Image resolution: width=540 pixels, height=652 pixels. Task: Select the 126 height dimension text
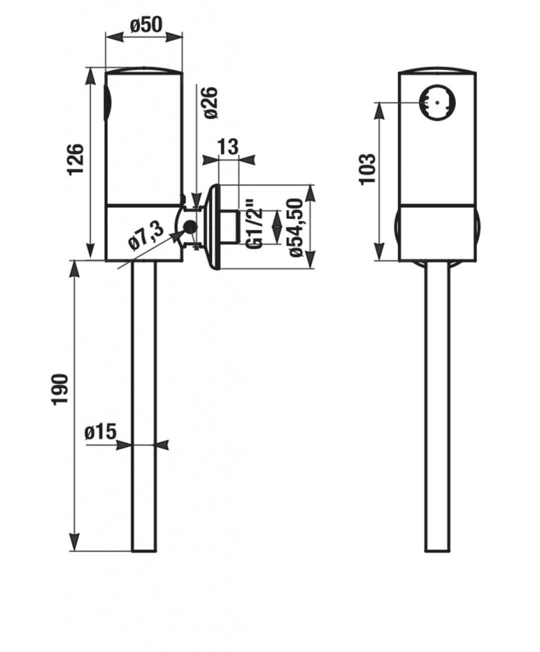[76, 159]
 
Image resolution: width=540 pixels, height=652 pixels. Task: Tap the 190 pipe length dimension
[59, 390]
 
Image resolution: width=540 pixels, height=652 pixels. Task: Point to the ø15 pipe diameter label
[100, 432]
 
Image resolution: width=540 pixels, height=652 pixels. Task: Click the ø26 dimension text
[210, 103]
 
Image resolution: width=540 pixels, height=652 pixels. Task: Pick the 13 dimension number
[228, 147]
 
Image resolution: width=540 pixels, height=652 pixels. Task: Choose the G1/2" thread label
[254, 224]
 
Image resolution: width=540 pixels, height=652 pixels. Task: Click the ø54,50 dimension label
[296, 228]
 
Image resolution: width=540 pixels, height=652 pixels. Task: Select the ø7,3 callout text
[146, 236]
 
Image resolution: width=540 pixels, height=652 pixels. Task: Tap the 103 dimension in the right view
[368, 169]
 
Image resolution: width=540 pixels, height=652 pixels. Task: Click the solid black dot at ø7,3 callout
[190, 227]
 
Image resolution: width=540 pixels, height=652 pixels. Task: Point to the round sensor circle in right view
[437, 103]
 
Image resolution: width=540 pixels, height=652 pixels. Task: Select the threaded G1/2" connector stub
[228, 227]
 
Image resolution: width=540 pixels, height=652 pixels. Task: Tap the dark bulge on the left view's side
[107, 103]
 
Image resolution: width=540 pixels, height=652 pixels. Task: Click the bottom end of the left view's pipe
[144, 551]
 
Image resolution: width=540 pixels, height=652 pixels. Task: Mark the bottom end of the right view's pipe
[437, 551]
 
